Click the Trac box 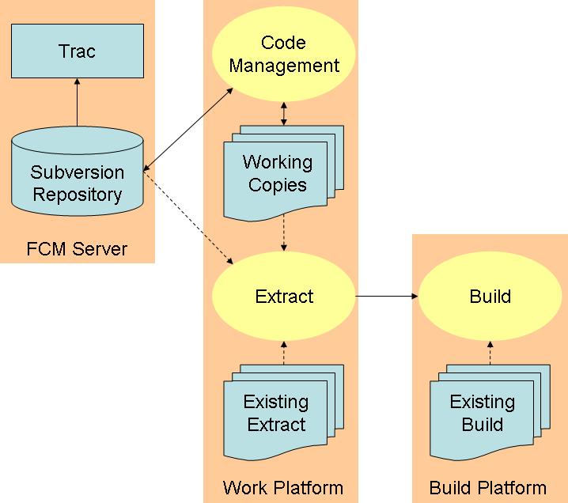tap(78, 51)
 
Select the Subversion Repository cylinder tap(78, 171)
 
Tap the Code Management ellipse tap(284, 54)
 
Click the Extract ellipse tap(284, 297)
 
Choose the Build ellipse tap(490, 297)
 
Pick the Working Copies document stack tap(284, 173)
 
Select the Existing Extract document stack tap(284, 413)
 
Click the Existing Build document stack tap(490, 413)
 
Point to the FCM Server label tap(77, 249)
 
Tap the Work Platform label tap(283, 488)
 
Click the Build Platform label tap(488, 488)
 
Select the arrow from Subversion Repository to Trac tap(78, 102)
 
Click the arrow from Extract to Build tap(387, 297)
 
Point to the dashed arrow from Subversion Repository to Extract tap(188, 217)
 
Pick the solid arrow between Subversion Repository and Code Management tap(188, 129)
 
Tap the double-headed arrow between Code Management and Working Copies tap(284, 114)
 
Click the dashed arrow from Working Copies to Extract tap(284, 233)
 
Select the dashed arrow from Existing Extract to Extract tap(284, 353)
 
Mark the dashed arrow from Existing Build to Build tap(490, 353)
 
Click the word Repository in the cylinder tap(78, 195)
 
